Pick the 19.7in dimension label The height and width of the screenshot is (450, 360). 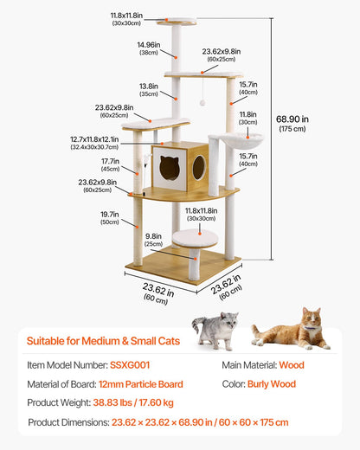pyautogui.click(x=109, y=217)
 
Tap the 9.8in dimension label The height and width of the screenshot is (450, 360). pyautogui.click(x=153, y=239)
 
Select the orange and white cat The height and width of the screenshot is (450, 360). pyautogui.click(x=291, y=330)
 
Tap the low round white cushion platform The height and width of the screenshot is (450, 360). pyautogui.click(x=194, y=236)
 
